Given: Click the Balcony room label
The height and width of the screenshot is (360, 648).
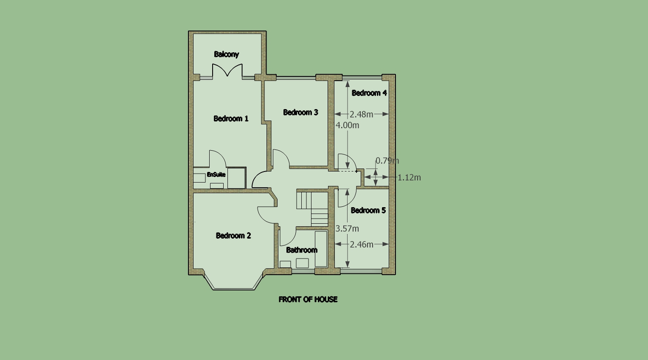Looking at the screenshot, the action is [226, 54].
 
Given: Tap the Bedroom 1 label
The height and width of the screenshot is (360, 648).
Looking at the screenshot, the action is [231, 118].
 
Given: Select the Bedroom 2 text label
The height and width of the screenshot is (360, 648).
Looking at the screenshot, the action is [233, 236].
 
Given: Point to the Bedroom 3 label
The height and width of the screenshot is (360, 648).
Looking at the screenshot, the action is [300, 112].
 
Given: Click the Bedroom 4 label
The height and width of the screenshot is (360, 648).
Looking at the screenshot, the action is [369, 93].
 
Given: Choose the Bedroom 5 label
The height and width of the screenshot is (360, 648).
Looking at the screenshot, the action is [368, 210].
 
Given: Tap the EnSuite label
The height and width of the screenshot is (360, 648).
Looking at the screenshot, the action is [216, 174].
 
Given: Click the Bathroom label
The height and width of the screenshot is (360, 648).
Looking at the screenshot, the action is [302, 250].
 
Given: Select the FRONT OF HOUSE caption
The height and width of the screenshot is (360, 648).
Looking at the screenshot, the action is [308, 299].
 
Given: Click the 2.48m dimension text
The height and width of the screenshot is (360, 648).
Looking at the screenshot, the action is [361, 115].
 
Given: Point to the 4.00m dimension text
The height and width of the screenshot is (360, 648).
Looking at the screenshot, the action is [348, 125].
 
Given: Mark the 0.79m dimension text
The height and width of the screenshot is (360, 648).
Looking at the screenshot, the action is [387, 160].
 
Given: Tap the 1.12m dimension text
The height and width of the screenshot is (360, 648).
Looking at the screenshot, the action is [410, 178].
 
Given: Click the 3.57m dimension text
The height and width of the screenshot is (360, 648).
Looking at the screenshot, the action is [347, 229].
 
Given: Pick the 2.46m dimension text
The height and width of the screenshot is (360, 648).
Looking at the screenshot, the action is [362, 245].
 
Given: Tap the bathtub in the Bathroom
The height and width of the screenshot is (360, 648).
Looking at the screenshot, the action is [321, 249].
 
